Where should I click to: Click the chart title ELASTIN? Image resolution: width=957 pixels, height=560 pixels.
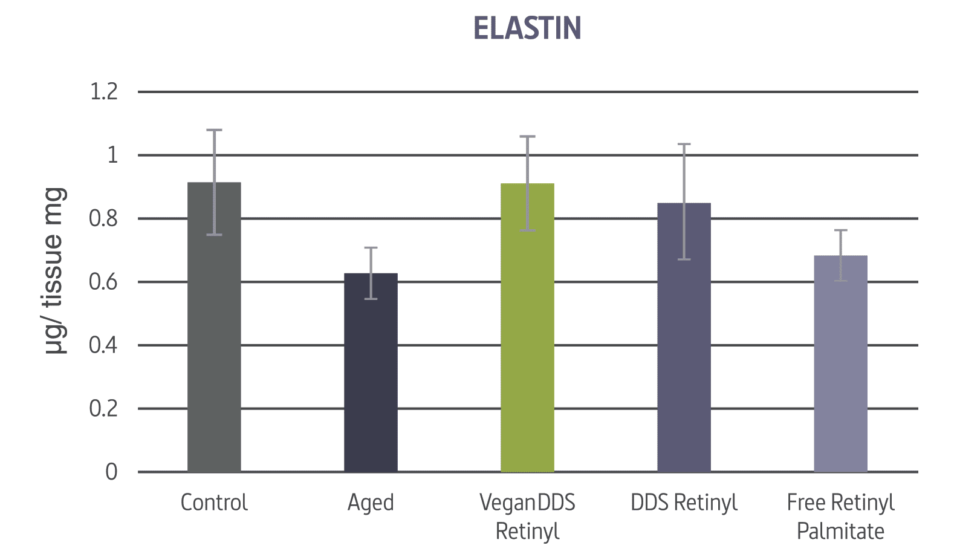(x=527, y=28)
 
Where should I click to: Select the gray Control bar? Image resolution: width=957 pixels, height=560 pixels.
(x=214, y=327)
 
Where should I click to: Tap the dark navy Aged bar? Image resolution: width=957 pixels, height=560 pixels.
(x=371, y=373)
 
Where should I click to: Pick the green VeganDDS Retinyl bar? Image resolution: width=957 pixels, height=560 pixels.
(x=527, y=327)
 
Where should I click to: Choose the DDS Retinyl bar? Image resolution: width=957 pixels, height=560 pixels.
(x=684, y=337)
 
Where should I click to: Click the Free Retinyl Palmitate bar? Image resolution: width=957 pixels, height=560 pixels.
(x=840, y=364)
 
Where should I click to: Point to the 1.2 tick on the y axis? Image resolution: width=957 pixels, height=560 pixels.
(x=104, y=92)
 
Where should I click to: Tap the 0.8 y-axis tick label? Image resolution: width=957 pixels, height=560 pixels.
(x=103, y=218)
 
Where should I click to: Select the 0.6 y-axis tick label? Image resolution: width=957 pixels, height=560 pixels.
(x=103, y=282)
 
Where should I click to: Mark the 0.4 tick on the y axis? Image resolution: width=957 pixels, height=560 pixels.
(x=103, y=345)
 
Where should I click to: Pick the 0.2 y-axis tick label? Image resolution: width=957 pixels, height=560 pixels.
(x=103, y=408)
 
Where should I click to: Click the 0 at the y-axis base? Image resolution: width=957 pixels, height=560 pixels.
(x=111, y=472)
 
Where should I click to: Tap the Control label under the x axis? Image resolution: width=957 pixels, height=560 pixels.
(x=214, y=503)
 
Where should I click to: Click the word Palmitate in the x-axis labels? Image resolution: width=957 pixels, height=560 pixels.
(x=840, y=532)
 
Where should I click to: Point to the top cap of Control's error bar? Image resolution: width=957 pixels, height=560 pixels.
(x=214, y=129)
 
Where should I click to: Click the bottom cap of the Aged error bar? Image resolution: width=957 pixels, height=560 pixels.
(x=371, y=299)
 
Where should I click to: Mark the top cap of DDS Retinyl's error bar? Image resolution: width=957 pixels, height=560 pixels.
(x=684, y=144)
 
